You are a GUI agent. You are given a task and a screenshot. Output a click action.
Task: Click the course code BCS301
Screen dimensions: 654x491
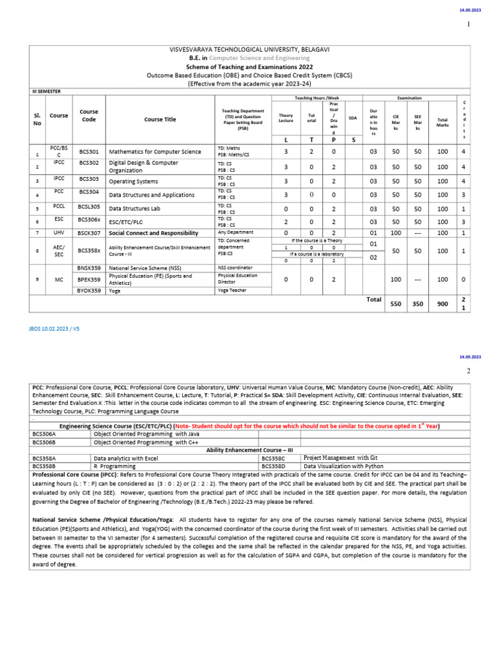89,152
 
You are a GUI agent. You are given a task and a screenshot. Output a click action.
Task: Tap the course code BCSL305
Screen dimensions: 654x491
89,208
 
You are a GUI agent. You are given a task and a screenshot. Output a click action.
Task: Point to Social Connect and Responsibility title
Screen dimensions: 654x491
159,233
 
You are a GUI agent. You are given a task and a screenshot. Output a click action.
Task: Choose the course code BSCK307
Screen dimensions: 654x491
89,233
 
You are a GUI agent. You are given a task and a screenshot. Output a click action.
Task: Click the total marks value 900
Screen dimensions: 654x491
442,305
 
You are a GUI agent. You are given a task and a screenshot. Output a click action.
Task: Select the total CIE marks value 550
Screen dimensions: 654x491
395,305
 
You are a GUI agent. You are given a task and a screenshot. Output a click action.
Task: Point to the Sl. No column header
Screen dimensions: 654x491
36,119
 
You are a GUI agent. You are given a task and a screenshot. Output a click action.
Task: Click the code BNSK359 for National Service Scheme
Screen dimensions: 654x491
89,268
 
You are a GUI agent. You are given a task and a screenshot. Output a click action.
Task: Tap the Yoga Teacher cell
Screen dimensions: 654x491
231,290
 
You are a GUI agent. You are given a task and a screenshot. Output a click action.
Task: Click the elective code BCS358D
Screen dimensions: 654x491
276,466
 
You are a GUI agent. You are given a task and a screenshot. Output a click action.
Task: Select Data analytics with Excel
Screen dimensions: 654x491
125,458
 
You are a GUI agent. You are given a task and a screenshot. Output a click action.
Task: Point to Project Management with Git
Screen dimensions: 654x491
340,458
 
